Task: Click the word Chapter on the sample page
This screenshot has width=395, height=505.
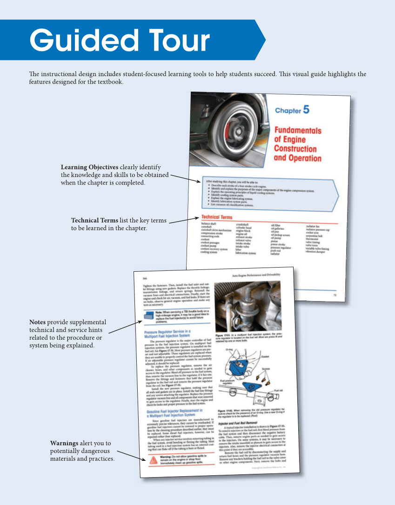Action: click(288, 111)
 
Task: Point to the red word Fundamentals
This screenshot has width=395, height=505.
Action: click(297, 130)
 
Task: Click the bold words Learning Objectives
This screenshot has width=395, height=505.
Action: click(90, 167)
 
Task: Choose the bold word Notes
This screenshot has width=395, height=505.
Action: click(38, 322)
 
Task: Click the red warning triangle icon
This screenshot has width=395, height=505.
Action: click(153, 460)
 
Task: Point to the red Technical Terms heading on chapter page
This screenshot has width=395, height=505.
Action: click(217, 217)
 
